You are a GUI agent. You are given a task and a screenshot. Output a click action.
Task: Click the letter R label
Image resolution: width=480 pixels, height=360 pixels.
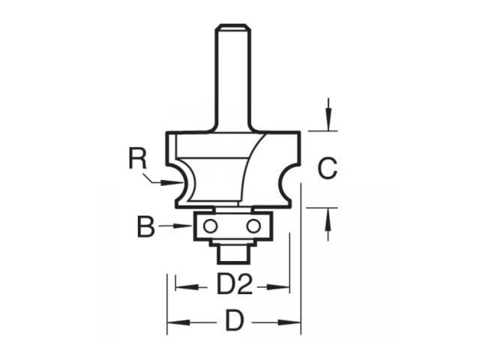pos(136,159)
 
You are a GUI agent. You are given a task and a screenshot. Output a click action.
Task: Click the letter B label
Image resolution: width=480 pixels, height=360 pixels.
pos(145,226)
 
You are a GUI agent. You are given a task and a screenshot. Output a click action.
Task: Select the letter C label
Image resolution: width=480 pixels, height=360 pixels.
pos(327,169)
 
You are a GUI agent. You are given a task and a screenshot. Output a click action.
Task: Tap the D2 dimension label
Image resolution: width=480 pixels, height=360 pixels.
pos(233,286)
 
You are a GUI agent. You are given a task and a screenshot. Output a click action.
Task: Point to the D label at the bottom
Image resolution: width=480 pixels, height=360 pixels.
pos(234,322)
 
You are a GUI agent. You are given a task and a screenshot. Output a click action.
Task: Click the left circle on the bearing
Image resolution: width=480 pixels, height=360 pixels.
pos(210,225)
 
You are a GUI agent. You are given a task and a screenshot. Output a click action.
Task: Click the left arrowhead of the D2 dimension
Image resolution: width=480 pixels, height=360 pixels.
pos(180,285)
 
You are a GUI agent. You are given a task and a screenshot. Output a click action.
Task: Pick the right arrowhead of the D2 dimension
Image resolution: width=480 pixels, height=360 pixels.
pos(285,285)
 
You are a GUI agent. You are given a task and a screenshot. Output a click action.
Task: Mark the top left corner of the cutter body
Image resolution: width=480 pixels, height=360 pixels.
pos(167,133)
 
